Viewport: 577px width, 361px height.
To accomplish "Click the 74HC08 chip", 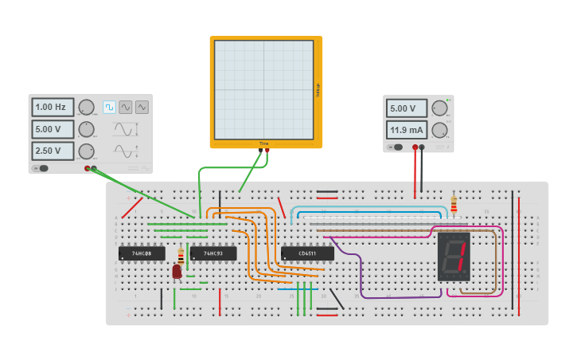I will pyautogui.click(x=142, y=253).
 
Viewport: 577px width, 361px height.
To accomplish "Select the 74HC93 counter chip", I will pyautogui.click(x=212, y=253).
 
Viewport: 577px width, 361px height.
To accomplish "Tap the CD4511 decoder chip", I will pyautogui.click(x=307, y=253).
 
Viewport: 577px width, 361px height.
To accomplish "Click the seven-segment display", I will pyautogui.click(x=454, y=257).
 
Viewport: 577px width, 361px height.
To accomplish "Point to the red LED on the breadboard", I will pyautogui.click(x=177, y=272).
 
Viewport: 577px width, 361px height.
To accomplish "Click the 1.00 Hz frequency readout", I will pyautogui.click(x=53, y=107).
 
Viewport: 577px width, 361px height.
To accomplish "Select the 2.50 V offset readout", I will pyautogui.click(x=53, y=151).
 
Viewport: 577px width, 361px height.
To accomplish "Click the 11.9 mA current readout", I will pyautogui.click(x=407, y=129).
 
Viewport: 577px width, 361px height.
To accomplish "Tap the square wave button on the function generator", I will pyautogui.click(x=109, y=107).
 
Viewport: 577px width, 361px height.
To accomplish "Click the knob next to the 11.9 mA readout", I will pyautogui.click(x=440, y=129).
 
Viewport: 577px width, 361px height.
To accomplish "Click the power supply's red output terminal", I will pyautogui.click(x=415, y=147).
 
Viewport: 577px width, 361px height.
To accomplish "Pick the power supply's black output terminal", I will pyautogui.click(x=422, y=147).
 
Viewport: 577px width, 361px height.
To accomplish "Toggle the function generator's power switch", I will pyautogui.click(x=41, y=168).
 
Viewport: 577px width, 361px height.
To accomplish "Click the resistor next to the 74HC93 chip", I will pyautogui.click(x=181, y=257).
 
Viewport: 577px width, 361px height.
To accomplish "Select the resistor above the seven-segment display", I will pyautogui.click(x=454, y=206).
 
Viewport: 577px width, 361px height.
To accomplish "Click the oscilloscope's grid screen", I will pyautogui.click(x=263, y=89).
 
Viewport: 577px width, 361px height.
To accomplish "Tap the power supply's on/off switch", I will pyautogui.click(x=395, y=147).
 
